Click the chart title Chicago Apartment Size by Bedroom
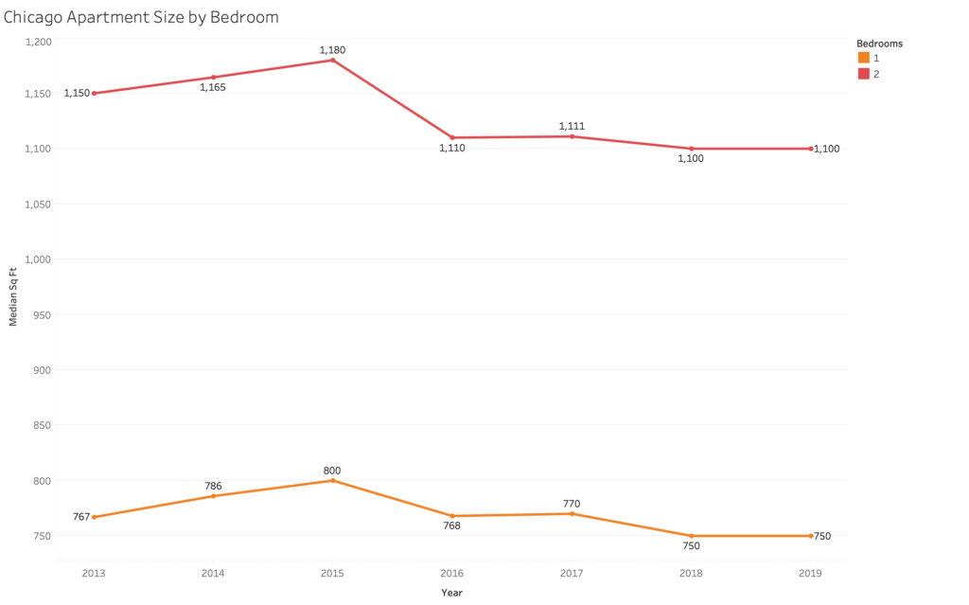click(x=141, y=17)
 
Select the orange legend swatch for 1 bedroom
click(x=863, y=59)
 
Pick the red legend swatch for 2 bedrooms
click(x=863, y=74)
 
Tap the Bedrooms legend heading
click(x=879, y=44)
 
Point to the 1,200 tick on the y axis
click(x=40, y=42)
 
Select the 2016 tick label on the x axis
click(x=452, y=573)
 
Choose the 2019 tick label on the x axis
click(x=811, y=573)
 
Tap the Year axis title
click(x=451, y=593)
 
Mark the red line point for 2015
click(x=333, y=61)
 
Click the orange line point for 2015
click(x=333, y=481)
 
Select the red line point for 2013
click(x=94, y=94)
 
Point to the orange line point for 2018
click(x=692, y=536)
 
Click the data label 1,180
click(x=333, y=49)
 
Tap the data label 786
click(x=213, y=487)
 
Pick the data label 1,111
click(x=573, y=126)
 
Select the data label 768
click(x=452, y=525)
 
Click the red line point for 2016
click(x=452, y=137)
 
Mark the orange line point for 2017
click(x=573, y=514)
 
